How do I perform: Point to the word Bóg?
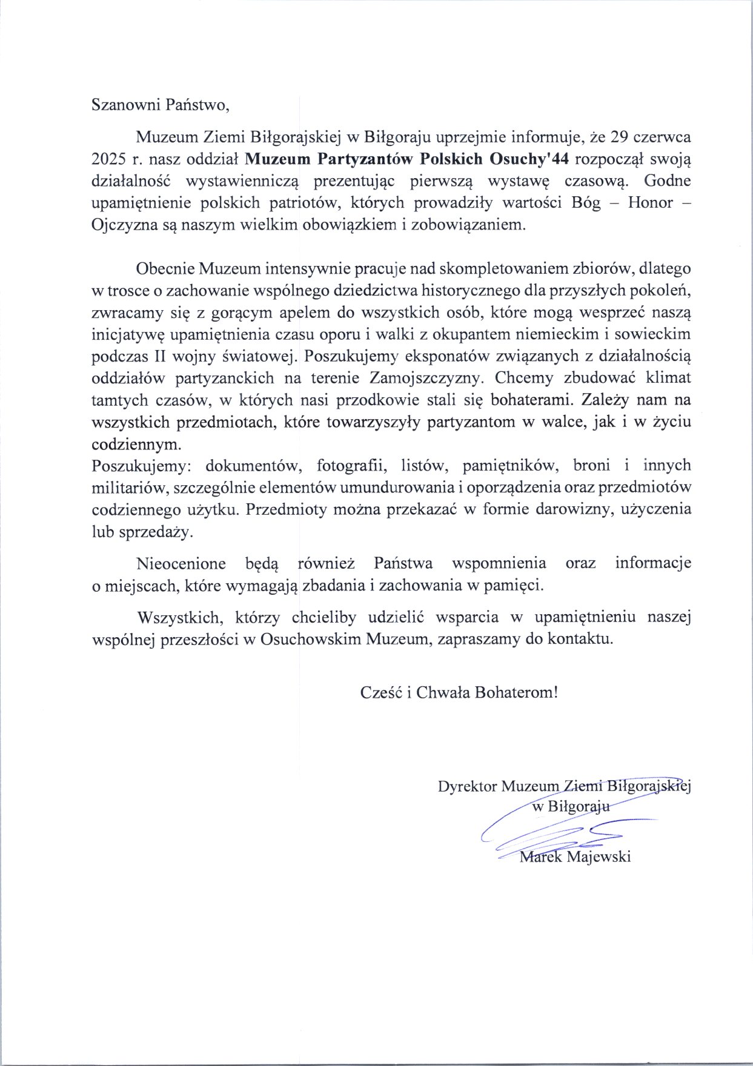[586, 203]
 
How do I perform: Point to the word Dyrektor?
[467, 786]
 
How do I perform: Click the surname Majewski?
[599, 857]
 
